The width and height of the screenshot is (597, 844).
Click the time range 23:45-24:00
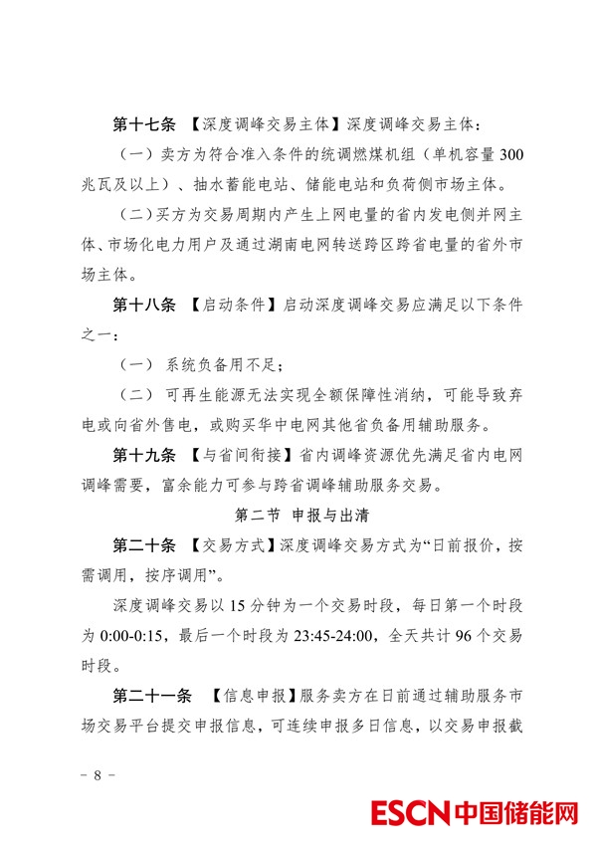pos(344,636)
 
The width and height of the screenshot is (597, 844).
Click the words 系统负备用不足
pos(225,365)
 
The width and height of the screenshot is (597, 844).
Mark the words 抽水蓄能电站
pos(233,185)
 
